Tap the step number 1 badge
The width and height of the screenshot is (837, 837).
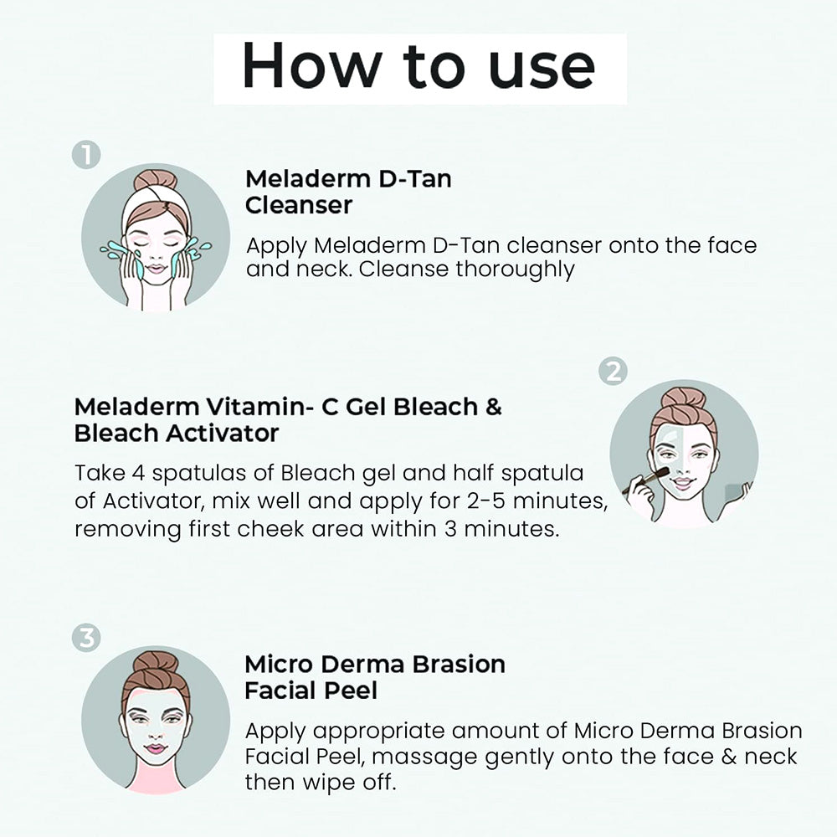86,156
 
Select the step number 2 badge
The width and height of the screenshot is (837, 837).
614,372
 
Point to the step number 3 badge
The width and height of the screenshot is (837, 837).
86,639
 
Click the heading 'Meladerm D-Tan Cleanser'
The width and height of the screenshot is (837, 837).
347,192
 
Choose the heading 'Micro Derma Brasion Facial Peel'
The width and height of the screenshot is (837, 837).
375,677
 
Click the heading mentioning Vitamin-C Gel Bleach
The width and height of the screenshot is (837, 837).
288,420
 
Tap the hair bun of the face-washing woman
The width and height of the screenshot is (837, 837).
156,181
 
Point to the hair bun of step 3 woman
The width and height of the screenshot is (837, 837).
156,664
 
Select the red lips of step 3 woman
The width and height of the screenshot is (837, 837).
156,749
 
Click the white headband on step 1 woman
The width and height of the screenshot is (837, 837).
156,201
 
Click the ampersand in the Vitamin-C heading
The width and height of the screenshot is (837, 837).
493,408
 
